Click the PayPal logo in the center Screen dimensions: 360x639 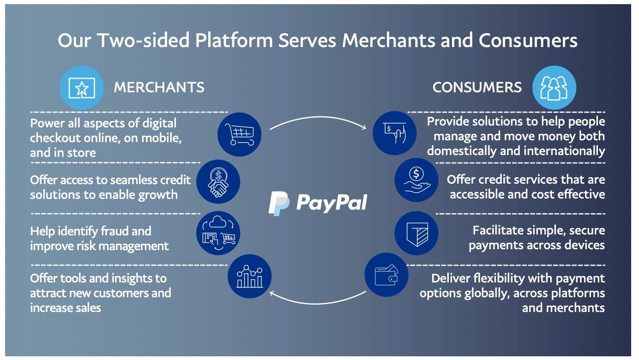(x=318, y=203)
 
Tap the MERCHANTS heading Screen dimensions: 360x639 (x=159, y=87)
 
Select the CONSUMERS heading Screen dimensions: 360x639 (x=477, y=87)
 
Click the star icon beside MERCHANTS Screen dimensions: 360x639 (x=82, y=87)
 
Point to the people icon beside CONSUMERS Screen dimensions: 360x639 (x=554, y=87)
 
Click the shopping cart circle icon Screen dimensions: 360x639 (x=239, y=134)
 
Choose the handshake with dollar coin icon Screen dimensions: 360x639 (x=218, y=181)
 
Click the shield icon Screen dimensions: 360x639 (x=416, y=233)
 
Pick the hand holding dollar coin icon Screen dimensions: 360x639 (x=416, y=180)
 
